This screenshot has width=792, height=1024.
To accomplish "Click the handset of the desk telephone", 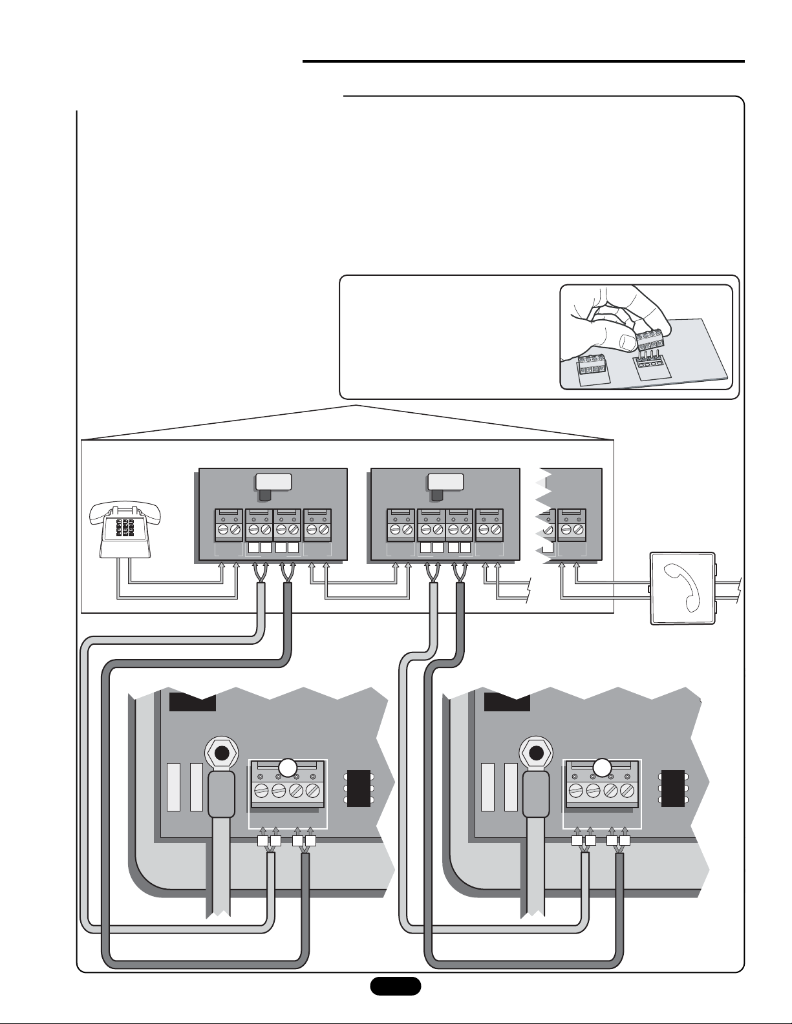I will point(129,510).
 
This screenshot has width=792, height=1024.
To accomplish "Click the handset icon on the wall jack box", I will point(684,587).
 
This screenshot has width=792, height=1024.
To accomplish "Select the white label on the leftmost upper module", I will point(273,481).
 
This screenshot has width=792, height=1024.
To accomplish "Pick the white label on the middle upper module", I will point(445,481).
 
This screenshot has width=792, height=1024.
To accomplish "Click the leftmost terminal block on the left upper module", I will point(228,524).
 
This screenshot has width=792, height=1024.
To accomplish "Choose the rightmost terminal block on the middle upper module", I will point(489,524).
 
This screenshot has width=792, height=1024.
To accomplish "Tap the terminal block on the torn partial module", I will point(572,524).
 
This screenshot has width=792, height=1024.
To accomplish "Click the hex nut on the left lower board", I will point(222,753).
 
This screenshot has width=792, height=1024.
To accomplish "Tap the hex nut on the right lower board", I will point(536,753).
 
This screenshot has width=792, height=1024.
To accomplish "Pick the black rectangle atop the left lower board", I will point(192,702).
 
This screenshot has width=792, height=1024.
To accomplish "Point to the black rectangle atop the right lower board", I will point(507,702).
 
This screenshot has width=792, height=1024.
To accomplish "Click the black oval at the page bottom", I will point(395,986).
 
